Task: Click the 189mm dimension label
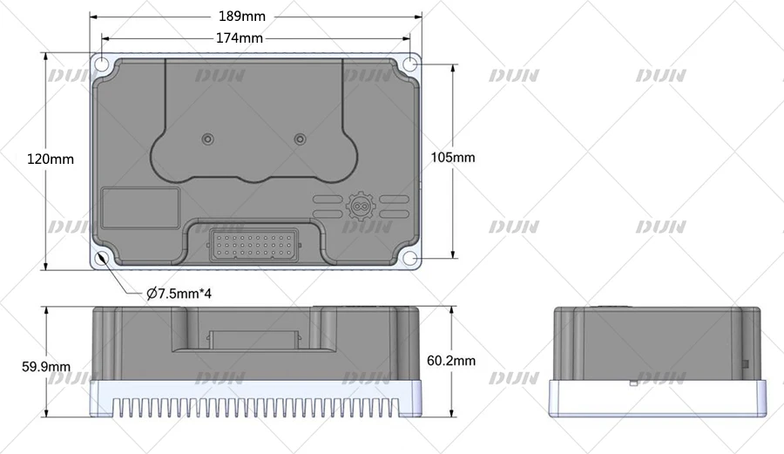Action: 244,17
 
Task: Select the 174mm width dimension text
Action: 239,38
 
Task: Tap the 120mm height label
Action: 51,159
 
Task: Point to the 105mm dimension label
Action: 452,158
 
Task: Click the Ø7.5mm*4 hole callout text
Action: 179,294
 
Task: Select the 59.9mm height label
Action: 46,367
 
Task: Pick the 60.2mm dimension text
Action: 453,360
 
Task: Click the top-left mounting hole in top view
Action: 102,65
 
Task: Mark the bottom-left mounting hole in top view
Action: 102,258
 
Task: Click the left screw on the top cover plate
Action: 206,139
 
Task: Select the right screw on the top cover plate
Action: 301,139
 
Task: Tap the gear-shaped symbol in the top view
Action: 357,206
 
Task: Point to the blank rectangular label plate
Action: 140,208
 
